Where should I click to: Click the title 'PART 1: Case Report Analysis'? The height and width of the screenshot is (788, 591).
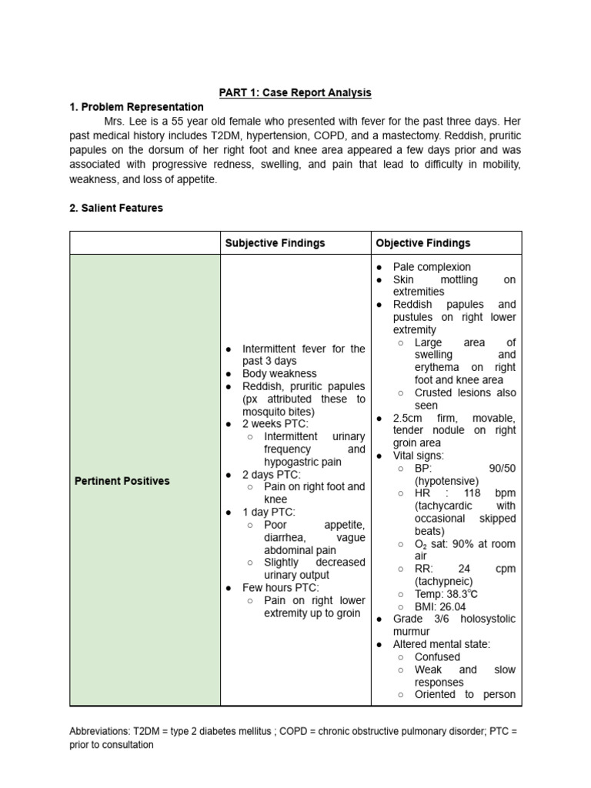pos(295,92)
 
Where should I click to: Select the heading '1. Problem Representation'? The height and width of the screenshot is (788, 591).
pos(136,107)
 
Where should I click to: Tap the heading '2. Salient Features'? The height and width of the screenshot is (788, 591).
pos(116,208)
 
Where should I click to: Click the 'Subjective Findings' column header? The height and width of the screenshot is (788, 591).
pos(275,242)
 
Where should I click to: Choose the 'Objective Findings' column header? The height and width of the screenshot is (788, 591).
pos(422,242)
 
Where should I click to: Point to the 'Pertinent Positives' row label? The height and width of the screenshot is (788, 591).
pos(122,481)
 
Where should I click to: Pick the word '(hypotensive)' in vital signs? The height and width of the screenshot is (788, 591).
pos(446,481)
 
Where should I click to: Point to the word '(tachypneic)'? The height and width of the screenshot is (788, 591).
pos(444,582)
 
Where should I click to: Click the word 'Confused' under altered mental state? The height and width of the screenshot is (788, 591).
pos(437,657)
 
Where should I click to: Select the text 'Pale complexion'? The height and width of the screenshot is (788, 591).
pos(432,267)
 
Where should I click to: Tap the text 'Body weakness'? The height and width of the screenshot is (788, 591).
pos(279,374)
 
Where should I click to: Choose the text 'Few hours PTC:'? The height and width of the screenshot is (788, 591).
pos(281,588)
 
